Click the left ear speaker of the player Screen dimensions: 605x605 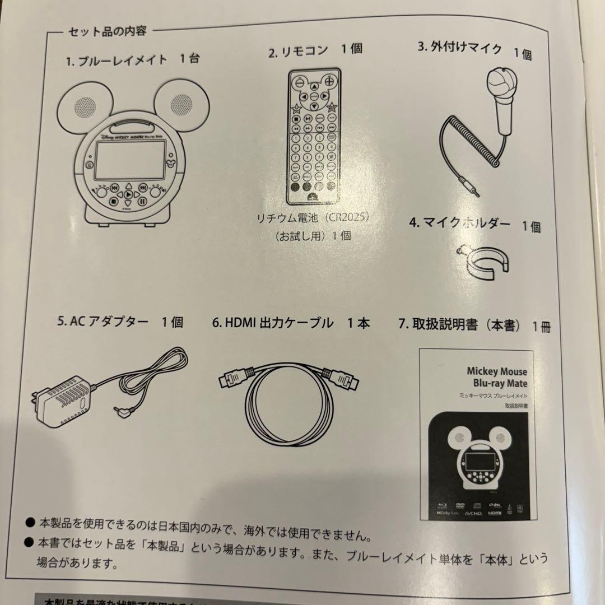coord(83,105)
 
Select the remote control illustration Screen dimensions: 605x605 coord(314,137)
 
